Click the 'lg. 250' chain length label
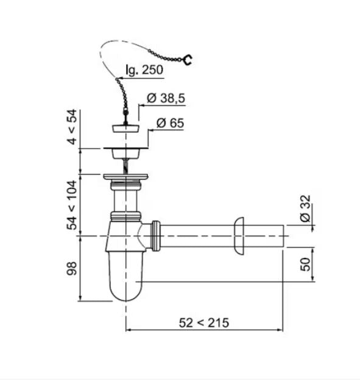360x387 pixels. [x=144, y=70]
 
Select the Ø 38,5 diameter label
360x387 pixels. [x=166, y=98]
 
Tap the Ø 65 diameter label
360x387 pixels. [x=170, y=123]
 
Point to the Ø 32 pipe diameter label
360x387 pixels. [x=305, y=208]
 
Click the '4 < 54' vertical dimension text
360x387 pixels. [x=72, y=127]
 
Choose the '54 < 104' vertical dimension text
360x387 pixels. [x=72, y=205]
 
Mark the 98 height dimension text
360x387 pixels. [x=72, y=269]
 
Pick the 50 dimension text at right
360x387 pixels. [x=305, y=265]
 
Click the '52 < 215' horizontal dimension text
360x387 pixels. [x=204, y=323]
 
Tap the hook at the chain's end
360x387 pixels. [x=188, y=60]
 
